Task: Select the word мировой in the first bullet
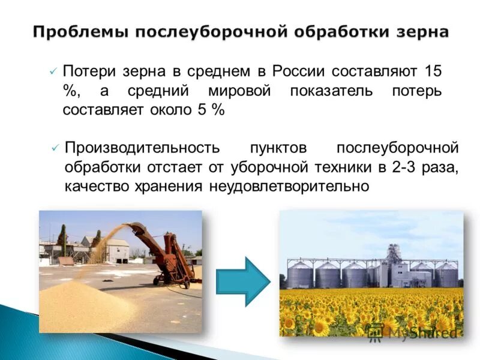[x=242, y=91]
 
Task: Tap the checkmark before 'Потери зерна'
[x=53, y=71]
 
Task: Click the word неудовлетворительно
[x=289, y=187]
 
